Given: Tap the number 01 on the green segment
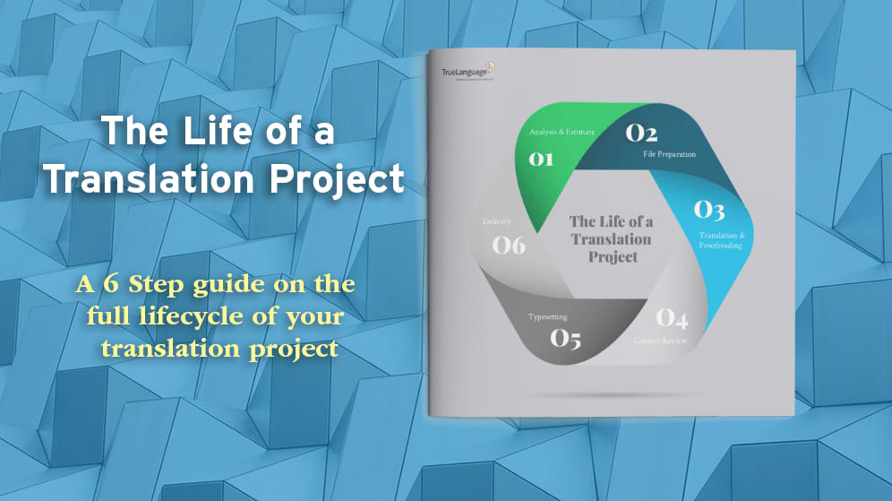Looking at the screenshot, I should [x=541, y=160].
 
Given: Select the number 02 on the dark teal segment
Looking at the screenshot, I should [x=641, y=134].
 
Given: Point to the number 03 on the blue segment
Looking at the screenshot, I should [x=709, y=211].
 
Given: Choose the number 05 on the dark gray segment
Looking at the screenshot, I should [x=566, y=339].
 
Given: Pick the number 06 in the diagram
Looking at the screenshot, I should [x=509, y=244].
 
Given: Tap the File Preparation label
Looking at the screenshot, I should [x=669, y=154].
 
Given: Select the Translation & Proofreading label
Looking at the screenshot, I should [x=721, y=240].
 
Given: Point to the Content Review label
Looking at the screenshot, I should [x=660, y=341].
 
